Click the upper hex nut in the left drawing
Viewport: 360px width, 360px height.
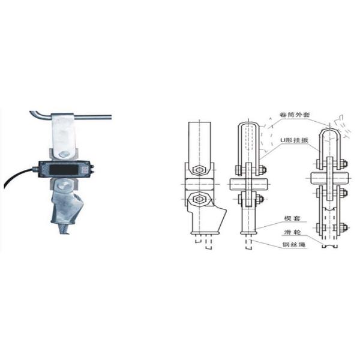[x=198, y=168]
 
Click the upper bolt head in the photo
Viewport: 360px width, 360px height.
[x=63, y=154]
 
